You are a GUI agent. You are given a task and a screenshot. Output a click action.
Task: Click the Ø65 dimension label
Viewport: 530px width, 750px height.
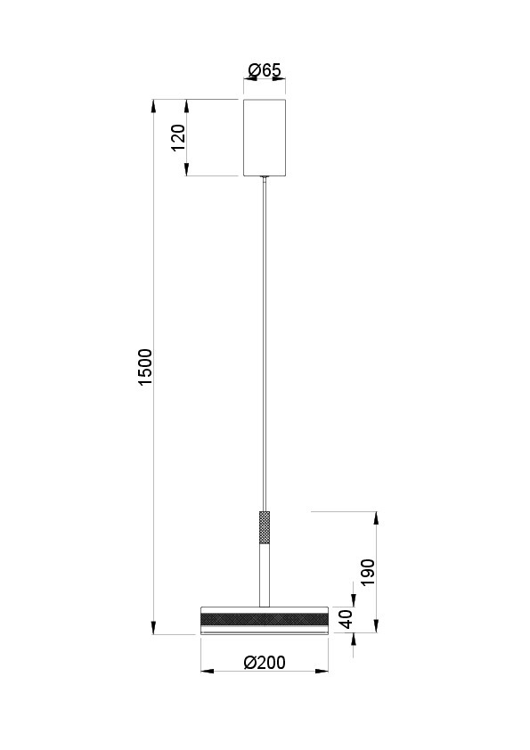pos(265,70)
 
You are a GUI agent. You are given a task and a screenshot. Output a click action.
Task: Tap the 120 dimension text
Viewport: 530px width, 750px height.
pos(178,138)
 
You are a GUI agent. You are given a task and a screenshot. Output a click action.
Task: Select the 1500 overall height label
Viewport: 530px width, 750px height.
pos(144,367)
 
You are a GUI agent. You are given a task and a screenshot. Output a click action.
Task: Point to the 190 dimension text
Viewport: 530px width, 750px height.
pos(368,573)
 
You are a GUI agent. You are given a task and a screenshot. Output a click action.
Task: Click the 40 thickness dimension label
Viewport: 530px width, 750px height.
pos(346,619)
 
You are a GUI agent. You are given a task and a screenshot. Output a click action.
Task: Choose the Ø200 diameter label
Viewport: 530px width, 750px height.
pos(265,663)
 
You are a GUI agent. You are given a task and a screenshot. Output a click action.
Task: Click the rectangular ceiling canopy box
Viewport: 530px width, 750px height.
pos(265,138)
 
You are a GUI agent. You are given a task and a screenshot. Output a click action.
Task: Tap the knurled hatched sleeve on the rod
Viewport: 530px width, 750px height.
pos(265,528)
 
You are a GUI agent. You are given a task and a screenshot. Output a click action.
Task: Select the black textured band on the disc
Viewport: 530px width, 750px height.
pos(265,619)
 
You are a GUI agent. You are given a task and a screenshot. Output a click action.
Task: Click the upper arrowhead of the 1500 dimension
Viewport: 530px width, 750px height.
pos(153,106)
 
